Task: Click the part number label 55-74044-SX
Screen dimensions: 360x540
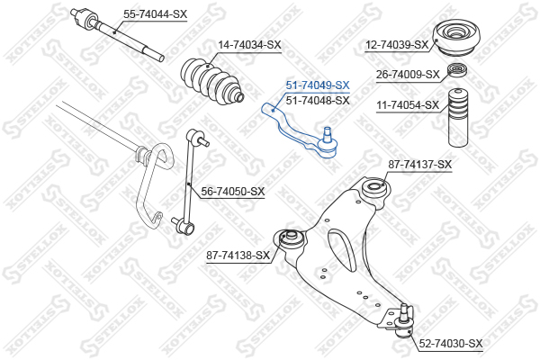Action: click(155, 14)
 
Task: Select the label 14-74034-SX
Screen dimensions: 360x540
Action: click(249, 45)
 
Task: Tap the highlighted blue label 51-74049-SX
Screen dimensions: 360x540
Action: click(318, 85)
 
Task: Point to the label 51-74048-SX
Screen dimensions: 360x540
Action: click(318, 100)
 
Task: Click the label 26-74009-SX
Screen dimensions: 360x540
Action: click(408, 74)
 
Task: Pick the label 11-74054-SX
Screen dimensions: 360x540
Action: click(408, 105)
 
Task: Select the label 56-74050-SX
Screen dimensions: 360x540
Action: click(233, 191)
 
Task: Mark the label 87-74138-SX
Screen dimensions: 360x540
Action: click(238, 256)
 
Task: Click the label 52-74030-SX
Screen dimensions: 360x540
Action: click(451, 344)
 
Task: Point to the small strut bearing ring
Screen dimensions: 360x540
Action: click(457, 71)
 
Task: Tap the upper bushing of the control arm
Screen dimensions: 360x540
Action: click(373, 190)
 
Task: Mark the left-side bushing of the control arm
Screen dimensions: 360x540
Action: click(290, 241)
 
